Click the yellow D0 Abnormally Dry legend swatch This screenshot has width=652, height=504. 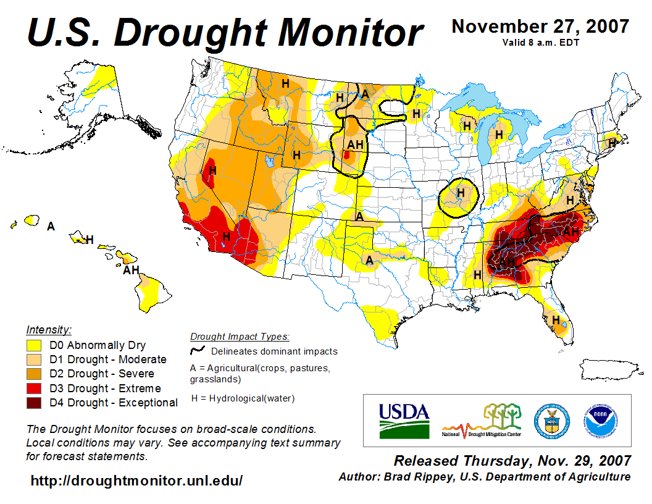click(x=34, y=345)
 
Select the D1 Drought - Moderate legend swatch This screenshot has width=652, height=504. click(x=34, y=359)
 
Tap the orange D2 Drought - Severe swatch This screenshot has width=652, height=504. click(x=34, y=374)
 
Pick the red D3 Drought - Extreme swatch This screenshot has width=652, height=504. click(x=34, y=388)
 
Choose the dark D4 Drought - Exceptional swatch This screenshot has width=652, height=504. click(x=34, y=403)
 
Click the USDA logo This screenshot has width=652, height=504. click(x=404, y=420)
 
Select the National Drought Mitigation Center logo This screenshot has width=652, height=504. click(x=482, y=421)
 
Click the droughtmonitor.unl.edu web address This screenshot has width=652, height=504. click(x=136, y=481)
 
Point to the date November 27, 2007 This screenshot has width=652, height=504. click(x=540, y=27)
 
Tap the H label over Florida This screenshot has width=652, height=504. click(x=556, y=320)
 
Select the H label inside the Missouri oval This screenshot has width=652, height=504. click(x=461, y=193)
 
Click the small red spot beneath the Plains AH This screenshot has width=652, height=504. click(x=347, y=156)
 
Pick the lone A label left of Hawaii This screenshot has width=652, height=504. click(x=51, y=227)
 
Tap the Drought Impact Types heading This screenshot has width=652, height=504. click(x=240, y=337)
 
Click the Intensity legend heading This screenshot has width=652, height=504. click(x=49, y=329)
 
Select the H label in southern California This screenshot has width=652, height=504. click(x=227, y=236)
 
